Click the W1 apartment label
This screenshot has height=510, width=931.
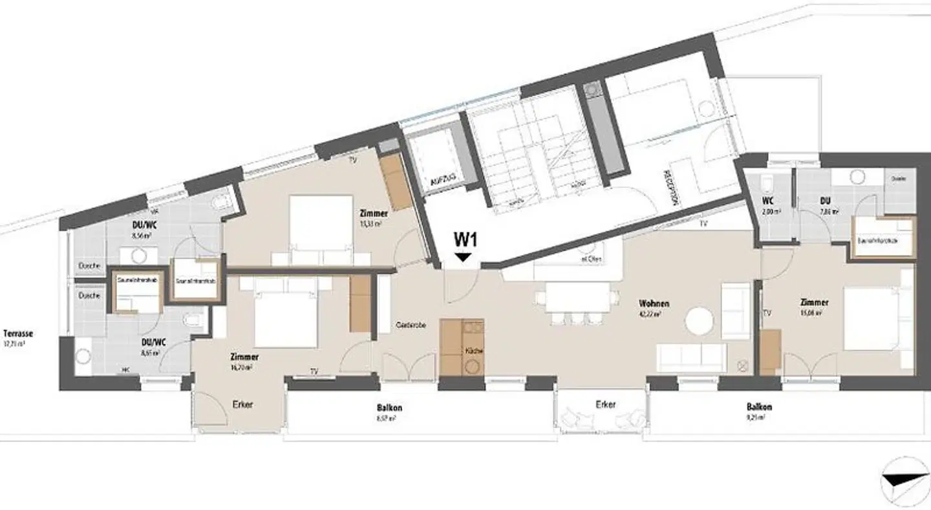(465, 239)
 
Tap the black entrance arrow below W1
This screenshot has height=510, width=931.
(463, 258)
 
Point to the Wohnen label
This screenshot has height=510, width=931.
(654, 303)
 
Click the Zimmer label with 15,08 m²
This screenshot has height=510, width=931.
(814, 302)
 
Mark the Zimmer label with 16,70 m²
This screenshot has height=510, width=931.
(245, 357)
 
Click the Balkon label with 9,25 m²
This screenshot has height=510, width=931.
(758, 408)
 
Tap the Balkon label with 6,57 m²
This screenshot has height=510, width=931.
(390, 408)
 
